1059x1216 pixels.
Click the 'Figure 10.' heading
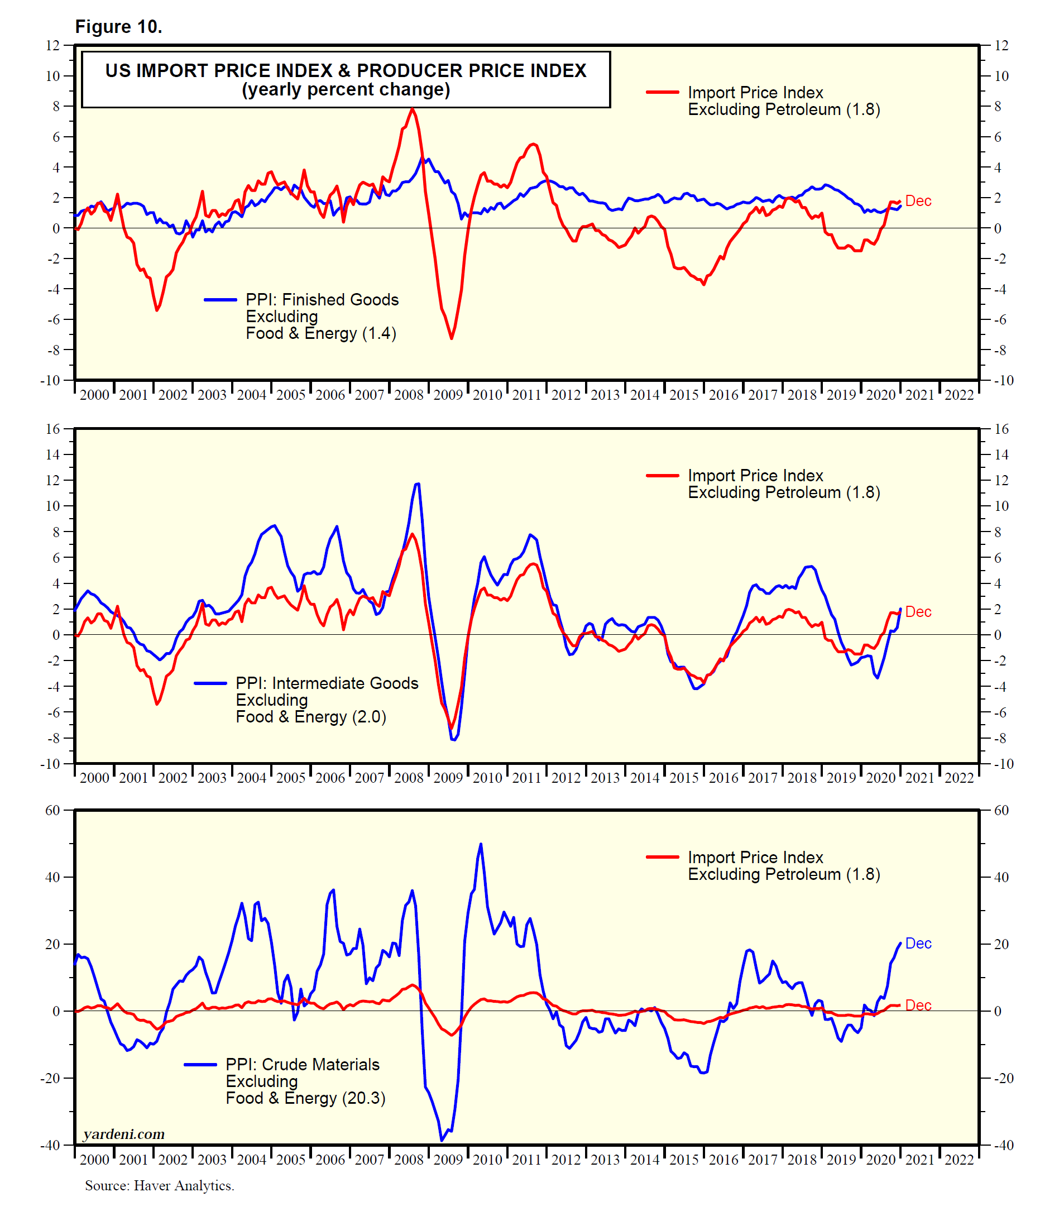(x=119, y=27)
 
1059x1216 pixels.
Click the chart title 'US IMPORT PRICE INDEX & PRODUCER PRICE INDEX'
(x=346, y=70)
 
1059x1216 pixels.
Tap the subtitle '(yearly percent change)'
(x=346, y=90)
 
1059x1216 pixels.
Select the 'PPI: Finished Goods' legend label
(x=322, y=300)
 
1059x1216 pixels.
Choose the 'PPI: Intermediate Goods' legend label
(x=327, y=683)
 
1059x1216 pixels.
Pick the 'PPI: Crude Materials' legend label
(x=303, y=1065)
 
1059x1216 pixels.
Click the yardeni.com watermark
(x=124, y=1134)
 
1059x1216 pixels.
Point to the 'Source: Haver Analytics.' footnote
(x=160, y=1186)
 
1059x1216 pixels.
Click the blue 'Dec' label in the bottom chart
(x=918, y=944)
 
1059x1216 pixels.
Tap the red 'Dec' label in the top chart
(x=918, y=202)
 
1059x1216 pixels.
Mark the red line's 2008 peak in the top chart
(x=413, y=109)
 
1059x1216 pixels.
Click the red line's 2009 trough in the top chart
(x=452, y=338)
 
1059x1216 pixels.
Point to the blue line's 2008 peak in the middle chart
(x=418, y=484)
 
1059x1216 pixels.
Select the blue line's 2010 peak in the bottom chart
(x=481, y=844)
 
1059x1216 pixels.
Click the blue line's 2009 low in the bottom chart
(x=442, y=1141)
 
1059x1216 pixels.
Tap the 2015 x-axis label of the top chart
(x=684, y=395)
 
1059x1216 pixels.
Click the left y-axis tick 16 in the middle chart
(x=53, y=429)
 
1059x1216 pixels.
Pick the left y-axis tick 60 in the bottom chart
(x=53, y=811)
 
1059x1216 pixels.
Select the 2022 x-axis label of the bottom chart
(x=959, y=1159)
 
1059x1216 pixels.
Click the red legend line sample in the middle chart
(x=663, y=475)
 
